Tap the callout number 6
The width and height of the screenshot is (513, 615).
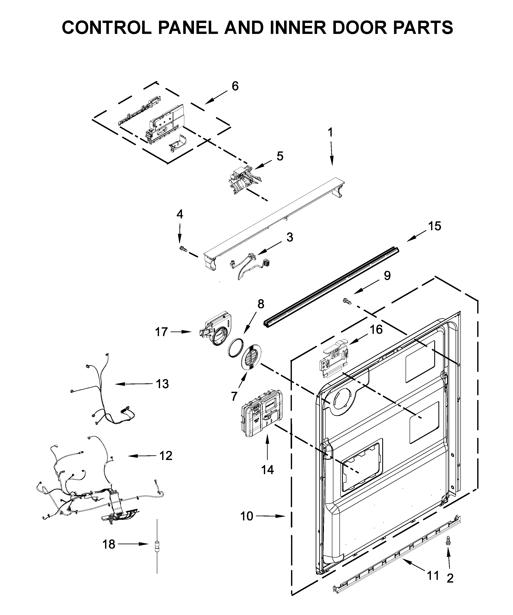[x=235, y=86]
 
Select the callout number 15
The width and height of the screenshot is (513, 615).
[x=434, y=226]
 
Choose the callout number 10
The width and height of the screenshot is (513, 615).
[x=247, y=516]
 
